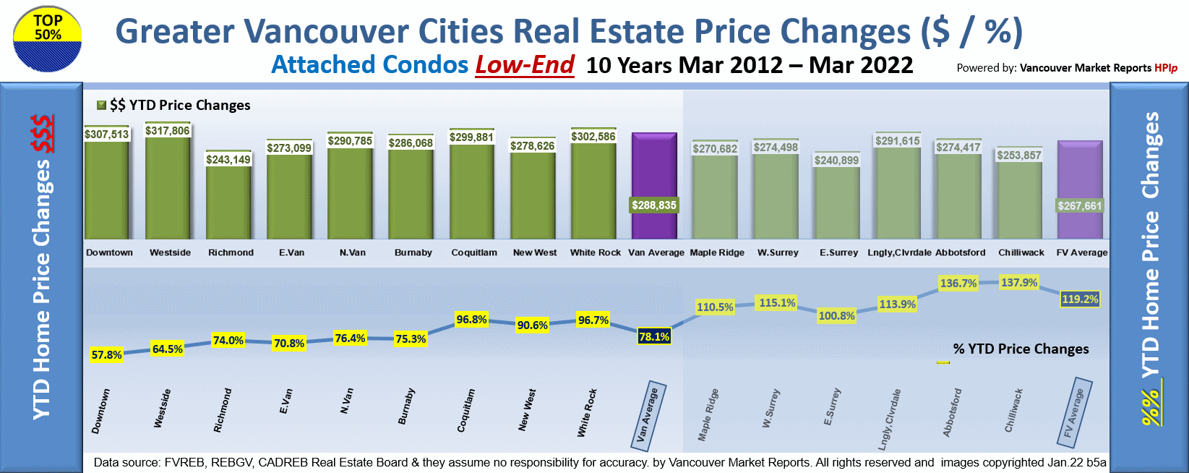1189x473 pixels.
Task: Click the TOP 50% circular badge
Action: [47, 39]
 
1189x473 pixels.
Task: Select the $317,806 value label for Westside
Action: [168, 131]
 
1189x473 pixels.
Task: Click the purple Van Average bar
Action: [654, 174]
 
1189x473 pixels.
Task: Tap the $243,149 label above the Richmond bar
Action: [228, 160]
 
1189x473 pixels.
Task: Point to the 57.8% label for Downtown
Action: [107, 355]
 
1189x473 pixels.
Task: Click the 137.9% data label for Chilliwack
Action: [1019, 283]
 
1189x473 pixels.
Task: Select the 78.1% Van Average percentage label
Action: [654, 337]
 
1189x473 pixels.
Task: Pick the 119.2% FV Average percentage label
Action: [1080, 299]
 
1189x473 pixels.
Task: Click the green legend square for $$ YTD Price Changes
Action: [102, 105]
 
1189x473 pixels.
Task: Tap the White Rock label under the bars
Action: [595, 252]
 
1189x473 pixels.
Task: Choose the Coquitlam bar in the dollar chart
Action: [472, 192]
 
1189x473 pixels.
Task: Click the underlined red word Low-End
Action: [525, 65]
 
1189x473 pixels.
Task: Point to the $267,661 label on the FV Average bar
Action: [1080, 206]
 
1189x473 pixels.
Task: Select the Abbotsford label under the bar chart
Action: [960, 252]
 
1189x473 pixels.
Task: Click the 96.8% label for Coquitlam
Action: [472, 320]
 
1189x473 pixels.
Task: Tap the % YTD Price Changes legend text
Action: [1021, 349]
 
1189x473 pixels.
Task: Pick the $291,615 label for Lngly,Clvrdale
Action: [898, 141]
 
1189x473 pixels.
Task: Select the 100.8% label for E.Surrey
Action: [837, 316]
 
